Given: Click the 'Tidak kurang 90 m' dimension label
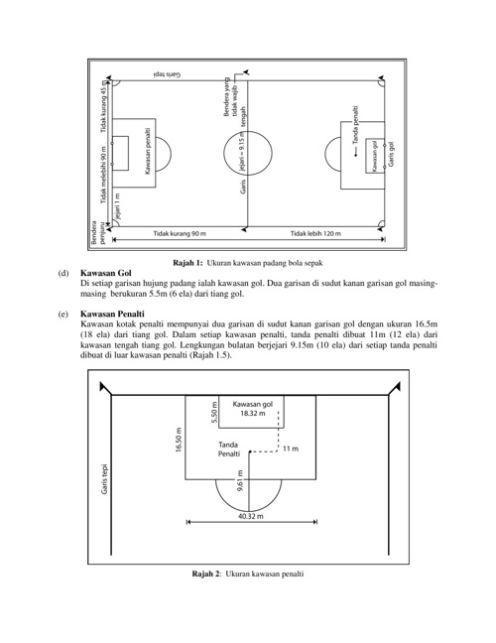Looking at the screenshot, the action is point(180,234).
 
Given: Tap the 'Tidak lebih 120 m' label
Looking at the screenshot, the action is point(315,234).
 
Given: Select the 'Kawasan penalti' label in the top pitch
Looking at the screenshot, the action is point(148,151).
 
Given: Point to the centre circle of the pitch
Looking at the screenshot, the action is point(248,131).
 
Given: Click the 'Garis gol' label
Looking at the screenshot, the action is point(391,154).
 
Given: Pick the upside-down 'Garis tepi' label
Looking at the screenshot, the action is point(168,74).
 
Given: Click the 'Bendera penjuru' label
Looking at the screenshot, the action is point(98,232).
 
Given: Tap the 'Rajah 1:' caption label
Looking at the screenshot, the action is point(187,263).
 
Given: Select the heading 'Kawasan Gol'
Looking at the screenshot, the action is point(106,273).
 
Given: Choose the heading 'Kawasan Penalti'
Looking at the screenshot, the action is point(112,315).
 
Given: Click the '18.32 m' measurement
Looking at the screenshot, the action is point(253,413).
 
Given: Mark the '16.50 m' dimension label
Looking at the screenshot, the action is point(179,440).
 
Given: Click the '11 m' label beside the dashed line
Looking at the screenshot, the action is point(291,449).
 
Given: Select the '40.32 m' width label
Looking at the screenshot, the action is point(251,516).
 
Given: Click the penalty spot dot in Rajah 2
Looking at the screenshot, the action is point(250,452).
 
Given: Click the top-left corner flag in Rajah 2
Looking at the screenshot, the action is point(104,388).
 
